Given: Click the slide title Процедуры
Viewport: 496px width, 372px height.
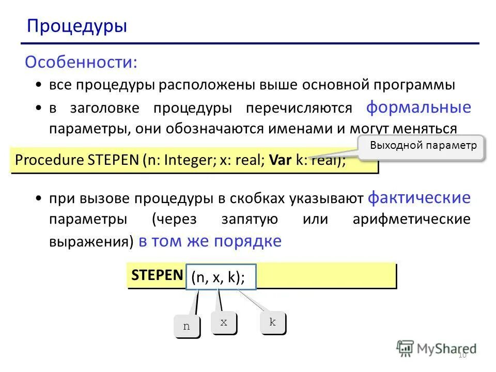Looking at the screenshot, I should coord(77,26).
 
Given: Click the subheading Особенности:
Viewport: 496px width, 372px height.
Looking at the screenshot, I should coord(81,63).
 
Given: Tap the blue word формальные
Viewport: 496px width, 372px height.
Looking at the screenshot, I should coord(419,107).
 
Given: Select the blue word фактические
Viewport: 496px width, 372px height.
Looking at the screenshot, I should coord(419,197).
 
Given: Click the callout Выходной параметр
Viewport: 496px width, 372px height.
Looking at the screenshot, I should coord(423,146).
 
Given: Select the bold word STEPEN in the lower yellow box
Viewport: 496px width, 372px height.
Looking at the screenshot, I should coord(157,275).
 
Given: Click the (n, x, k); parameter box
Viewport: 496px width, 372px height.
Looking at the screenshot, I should coord(218,278).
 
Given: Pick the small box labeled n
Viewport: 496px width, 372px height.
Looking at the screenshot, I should coord(187,326).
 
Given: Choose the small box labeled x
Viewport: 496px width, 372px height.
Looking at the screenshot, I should coord(224,322).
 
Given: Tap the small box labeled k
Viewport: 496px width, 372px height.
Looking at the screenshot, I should coord(272,322).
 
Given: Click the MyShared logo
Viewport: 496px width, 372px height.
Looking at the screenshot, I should coord(437,348).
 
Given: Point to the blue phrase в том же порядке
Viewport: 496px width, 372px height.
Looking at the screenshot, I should coord(210,241).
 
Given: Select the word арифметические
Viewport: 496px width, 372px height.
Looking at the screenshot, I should coord(411,219).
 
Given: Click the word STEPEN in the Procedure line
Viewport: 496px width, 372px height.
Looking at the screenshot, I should coord(113,161).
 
